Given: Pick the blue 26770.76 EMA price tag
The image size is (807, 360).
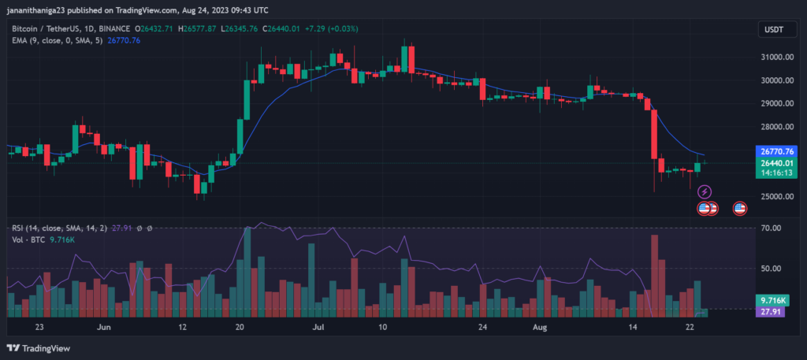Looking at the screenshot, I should tap(775, 151).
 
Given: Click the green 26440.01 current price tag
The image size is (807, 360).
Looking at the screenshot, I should tap(775, 163).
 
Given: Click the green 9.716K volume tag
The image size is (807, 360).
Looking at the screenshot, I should tap(771, 301).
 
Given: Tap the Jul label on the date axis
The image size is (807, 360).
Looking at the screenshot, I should tap(319, 326).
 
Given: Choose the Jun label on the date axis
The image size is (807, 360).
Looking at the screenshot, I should tap(102, 326).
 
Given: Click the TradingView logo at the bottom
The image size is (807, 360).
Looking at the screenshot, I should tap(39, 348).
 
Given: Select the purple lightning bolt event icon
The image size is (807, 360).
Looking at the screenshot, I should tap(705, 191).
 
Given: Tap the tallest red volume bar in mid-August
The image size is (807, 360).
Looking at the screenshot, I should tap(654, 276).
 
